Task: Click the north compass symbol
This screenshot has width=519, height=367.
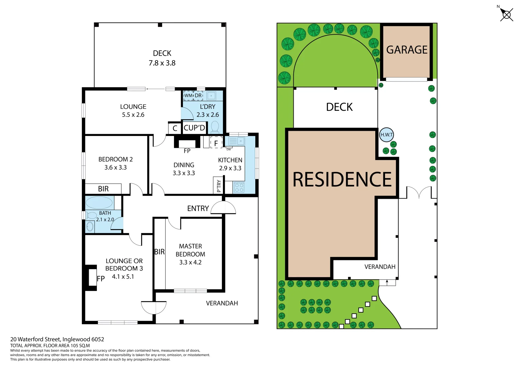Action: tap(506, 15)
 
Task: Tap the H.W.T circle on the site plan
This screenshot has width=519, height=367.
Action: tap(386, 135)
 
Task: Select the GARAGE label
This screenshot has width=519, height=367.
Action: tap(407, 50)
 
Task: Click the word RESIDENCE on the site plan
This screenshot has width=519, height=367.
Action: tap(342, 179)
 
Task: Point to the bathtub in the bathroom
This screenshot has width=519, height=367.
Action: tap(99, 203)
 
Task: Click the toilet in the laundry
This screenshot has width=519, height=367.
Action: tap(215, 127)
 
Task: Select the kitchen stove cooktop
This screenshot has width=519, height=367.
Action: tap(239, 187)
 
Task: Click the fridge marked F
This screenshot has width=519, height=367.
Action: tap(216, 143)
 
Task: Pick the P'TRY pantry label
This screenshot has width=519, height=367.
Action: tap(219, 186)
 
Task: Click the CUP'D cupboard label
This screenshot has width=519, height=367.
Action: tap(194, 128)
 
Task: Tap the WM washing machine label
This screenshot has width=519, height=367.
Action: tap(188, 95)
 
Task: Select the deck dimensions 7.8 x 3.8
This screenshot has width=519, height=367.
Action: tap(162, 63)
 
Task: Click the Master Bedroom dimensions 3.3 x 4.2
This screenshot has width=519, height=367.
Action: tap(190, 262)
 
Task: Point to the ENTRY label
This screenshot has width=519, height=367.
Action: tap(198, 208)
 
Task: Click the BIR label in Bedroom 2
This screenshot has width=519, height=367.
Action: tap(103, 189)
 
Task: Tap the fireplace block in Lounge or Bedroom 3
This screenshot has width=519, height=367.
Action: tap(92, 278)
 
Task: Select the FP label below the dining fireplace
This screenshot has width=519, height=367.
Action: tap(187, 151)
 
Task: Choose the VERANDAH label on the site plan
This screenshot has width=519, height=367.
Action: tap(380, 267)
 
